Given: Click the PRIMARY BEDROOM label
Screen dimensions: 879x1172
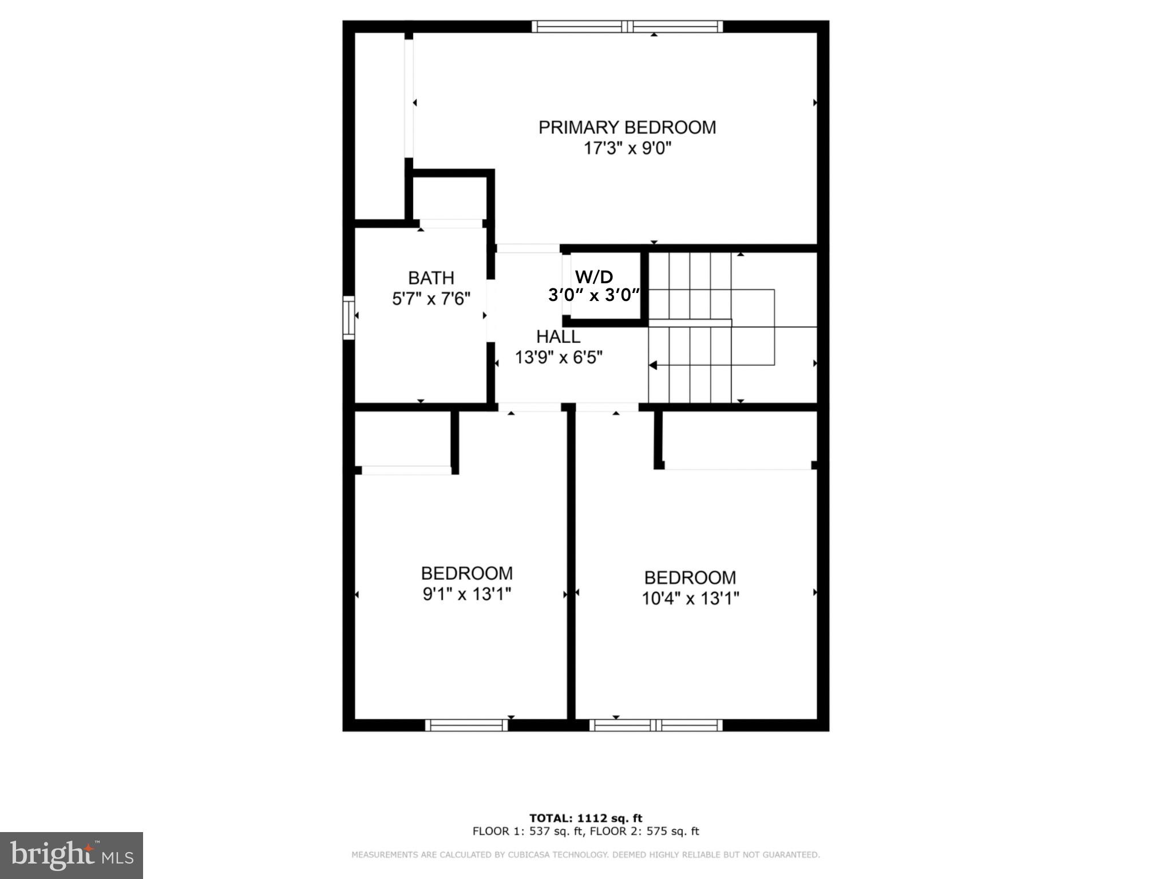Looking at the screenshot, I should coord(627,127).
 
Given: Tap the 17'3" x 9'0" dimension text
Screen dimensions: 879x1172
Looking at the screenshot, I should coord(627,149).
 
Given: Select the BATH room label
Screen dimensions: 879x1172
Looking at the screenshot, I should coord(431,278).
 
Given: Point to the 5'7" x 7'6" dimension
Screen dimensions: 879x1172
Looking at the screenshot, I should coord(431,299).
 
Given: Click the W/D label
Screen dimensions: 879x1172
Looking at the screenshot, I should coord(594,277).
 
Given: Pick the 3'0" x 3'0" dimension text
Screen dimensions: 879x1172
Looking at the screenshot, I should coord(594,295).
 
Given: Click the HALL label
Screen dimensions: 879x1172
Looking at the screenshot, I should coord(558,336).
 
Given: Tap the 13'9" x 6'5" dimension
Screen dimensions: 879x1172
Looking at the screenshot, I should coord(559,358).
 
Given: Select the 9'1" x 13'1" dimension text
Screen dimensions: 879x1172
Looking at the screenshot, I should coord(466,595).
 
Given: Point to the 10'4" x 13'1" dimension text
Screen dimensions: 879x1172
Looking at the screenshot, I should coord(690,599).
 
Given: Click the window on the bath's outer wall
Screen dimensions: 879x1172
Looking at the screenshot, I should coord(349,318).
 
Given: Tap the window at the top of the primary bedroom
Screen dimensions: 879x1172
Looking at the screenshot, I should coord(627,26).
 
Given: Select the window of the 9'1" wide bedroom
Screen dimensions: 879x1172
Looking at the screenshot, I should coord(466,725).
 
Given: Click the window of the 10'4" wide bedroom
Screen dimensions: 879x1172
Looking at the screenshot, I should coord(656,725).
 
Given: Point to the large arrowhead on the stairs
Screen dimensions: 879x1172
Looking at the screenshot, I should coord(653,365).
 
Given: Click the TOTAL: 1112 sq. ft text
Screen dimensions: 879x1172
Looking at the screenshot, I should coord(585,818).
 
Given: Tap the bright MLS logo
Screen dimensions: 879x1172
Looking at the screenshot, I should coord(72,856).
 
